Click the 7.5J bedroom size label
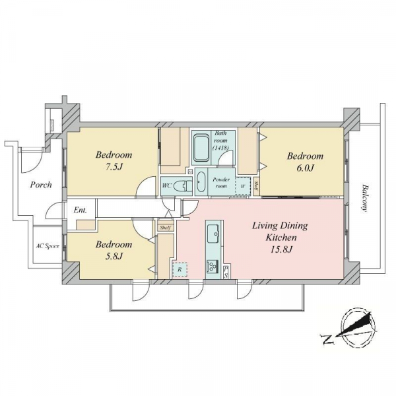click(114, 167)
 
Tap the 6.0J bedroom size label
click(305, 168)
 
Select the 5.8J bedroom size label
click(114, 257)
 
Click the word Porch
click(41, 185)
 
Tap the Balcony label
click(364, 198)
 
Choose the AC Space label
click(48, 246)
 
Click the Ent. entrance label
click(81, 210)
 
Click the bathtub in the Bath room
click(202, 148)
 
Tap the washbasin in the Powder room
click(201, 182)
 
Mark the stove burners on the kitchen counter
click(213, 267)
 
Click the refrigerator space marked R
click(180, 270)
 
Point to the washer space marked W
click(243, 186)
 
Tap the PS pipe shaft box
click(226, 272)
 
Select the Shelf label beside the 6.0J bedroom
click(256, 186)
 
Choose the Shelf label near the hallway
click(166, 228)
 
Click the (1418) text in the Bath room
click(220, 147)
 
